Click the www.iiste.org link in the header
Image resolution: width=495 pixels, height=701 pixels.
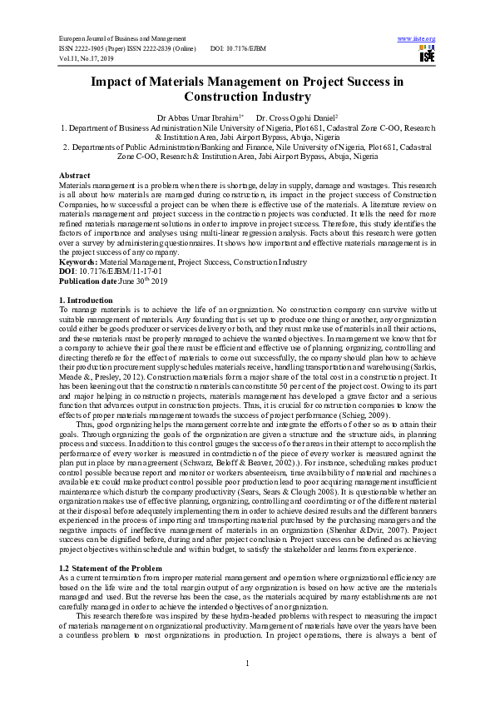coord(417,38)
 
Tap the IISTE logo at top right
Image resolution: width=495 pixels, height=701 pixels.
coord(427,55)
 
